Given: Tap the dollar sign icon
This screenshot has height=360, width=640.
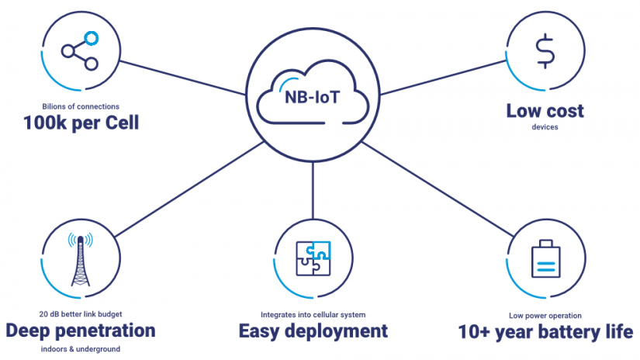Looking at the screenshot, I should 546,52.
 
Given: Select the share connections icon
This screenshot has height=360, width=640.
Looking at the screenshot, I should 80,50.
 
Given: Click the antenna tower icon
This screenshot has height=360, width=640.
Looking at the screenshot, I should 80,260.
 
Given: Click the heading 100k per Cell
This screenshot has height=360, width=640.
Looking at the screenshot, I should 80,123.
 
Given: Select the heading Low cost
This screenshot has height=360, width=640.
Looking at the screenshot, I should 545,111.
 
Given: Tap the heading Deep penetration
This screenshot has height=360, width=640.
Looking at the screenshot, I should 81,331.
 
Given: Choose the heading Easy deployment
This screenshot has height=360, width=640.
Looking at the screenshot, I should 313,331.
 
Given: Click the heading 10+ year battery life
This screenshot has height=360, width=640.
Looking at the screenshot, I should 546,332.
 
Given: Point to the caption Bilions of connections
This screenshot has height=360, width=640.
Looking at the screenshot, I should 80,106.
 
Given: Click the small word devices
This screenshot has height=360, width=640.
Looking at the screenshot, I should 545,126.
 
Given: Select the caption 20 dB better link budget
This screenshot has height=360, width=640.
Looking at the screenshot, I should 81,314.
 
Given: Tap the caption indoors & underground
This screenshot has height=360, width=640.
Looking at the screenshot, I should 81,349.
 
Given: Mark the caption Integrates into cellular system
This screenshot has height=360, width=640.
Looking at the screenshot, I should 313,315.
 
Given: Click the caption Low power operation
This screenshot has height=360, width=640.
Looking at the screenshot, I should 546,315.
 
